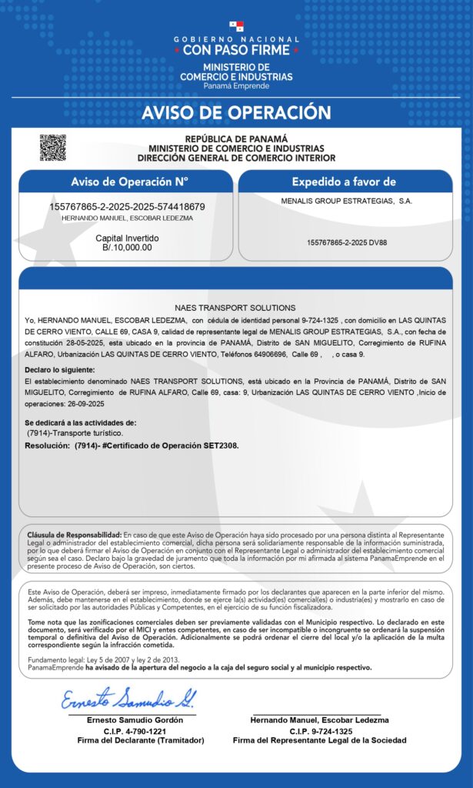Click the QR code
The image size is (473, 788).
pyautogui.click(x=53, y=147)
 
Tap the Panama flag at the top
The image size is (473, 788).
pyautogui.click(x=236, y=27)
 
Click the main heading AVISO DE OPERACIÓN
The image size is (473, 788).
pyautogui.click(x=236, y=113)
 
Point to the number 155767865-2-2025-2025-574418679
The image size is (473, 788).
pyautogui.click(x=127, y=207)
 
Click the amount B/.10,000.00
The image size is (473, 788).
pyautogui.click(x=127, y=248)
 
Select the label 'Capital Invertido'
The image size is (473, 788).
pyautogui.click(x=127, y=239)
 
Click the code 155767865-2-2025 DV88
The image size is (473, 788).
pyautogui.click(x=347, y=242)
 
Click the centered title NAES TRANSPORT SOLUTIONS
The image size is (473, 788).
pyautogui.click(x=235, y=308)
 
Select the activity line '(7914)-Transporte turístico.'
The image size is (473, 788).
pyautogui.click(x=74, y=434)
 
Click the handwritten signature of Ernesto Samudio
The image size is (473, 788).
pyautogui.click(x=128, y=699)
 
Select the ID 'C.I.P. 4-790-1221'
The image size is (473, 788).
pyautogui.click(x=135, y=731)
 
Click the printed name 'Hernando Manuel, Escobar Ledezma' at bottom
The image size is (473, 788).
pyautogui.click(x=320, y=720)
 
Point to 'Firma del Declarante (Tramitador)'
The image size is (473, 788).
pyautogui.click(x=141, y=740)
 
